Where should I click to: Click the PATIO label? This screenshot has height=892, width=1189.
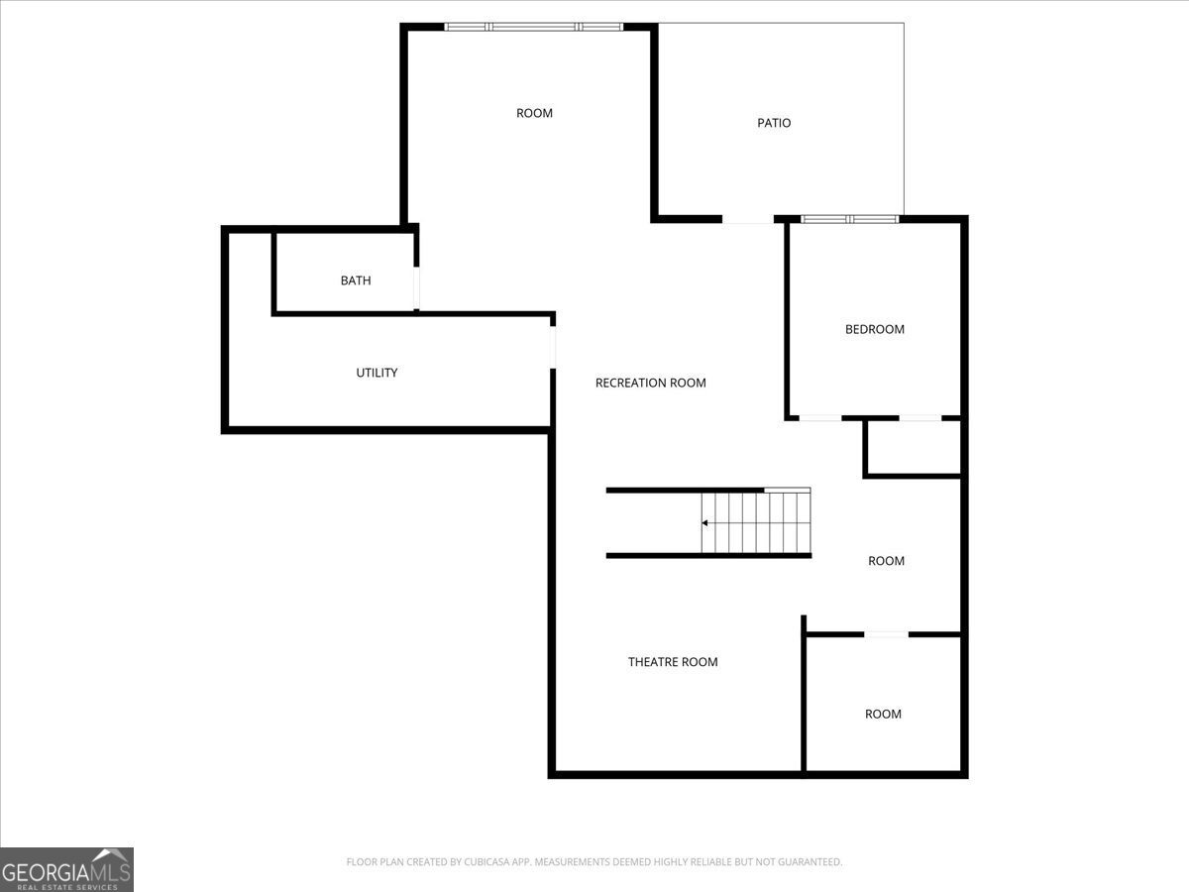coord(774,123)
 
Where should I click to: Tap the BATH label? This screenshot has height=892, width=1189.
coord(356,280)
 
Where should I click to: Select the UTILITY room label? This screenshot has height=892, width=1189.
coord(377,373)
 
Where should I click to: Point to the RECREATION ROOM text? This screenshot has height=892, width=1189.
coord(650,383)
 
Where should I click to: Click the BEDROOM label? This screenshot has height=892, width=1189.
coord(874,329)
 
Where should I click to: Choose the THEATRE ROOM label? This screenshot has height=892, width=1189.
coord(673,662)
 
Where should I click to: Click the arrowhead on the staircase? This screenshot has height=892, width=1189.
coord(704,522)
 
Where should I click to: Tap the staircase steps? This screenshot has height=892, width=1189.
coord(756,522)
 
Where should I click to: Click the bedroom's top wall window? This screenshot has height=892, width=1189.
coord(850,219)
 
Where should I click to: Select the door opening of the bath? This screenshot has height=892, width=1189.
coord(416,288)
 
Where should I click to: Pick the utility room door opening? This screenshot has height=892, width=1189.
coord(553,347)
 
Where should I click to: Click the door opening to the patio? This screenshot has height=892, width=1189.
coord(748,219)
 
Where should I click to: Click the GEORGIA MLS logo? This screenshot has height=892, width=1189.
coord(66,869)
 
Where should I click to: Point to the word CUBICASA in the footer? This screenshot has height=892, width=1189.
coord(485,861)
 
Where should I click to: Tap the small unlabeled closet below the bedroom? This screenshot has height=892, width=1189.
coord(913,447)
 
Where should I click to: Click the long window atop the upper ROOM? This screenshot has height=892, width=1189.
coord(533,27)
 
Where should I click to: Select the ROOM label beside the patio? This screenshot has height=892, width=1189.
coord(534,113)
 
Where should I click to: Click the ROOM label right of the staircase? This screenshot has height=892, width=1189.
coord(886,561)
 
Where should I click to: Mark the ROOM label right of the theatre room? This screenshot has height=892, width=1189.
coord(883,715)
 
